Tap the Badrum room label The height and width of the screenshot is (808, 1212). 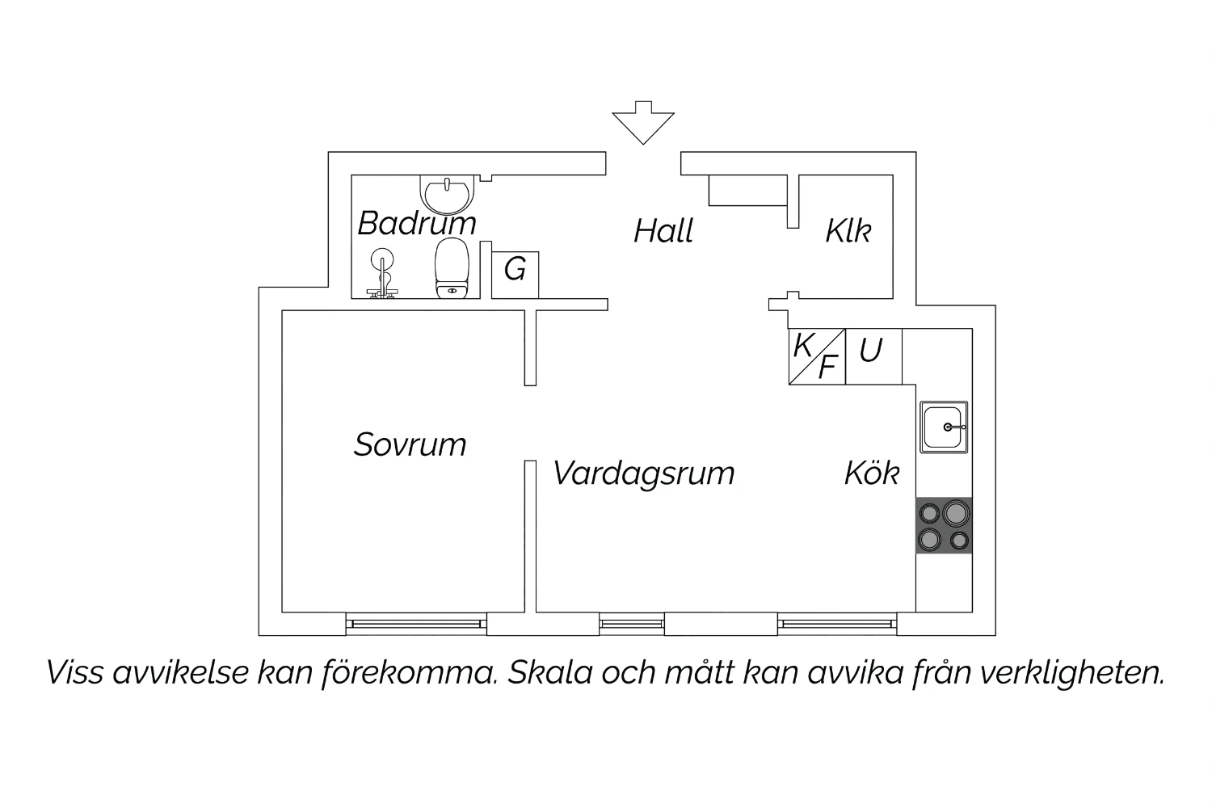(417, 223)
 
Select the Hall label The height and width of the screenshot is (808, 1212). (663, 231)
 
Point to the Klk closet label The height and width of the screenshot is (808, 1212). (848, 231)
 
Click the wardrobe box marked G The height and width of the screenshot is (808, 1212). (516, 275)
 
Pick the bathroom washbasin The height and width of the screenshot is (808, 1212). (447, 195)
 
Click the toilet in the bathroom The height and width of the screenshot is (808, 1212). (452, 268)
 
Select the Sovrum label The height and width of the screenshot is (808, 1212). (410, 445)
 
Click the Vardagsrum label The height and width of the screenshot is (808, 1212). (643, 474)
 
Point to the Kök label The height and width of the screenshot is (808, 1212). (872, 473)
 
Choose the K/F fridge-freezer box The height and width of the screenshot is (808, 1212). (817, 356)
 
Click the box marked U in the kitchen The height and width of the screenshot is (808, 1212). (873, 356)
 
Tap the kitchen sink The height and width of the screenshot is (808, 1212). (944, 427)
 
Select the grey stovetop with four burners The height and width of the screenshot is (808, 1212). (944, 525)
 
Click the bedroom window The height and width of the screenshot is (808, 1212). (416, 624)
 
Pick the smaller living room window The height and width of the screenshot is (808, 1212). (631, 624)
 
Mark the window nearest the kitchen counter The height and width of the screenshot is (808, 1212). (837, 624)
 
